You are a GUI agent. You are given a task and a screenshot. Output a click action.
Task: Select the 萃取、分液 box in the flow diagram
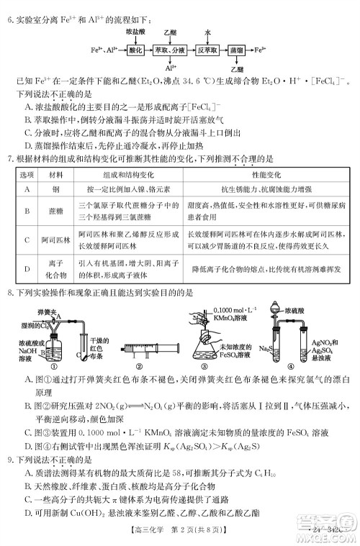[x=170, y=51]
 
